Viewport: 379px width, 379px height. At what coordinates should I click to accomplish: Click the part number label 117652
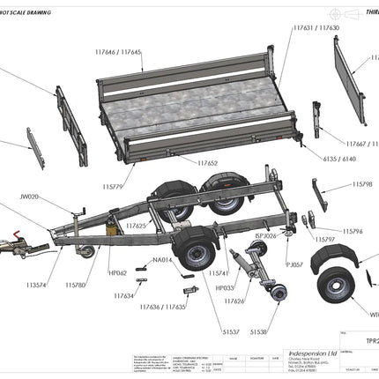[209, 163]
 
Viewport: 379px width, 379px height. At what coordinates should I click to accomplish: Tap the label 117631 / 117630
[316, 28]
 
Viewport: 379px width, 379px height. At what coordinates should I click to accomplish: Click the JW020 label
[29, 198]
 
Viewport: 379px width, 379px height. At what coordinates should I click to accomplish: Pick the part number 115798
[362, 184]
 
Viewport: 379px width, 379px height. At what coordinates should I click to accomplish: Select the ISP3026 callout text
[265, 236]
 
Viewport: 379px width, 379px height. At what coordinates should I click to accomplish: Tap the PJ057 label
[294, 264]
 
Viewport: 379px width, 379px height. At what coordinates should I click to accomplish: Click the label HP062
[116, 273]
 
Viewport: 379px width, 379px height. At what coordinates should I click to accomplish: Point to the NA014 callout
[161, 260]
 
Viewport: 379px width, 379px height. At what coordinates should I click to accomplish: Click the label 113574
[37, 285]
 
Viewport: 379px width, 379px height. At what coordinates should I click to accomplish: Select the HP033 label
[225, 287]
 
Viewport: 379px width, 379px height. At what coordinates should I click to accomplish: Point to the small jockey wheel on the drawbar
[88, 254]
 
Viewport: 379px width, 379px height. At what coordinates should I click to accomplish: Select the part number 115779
[113, 187]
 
